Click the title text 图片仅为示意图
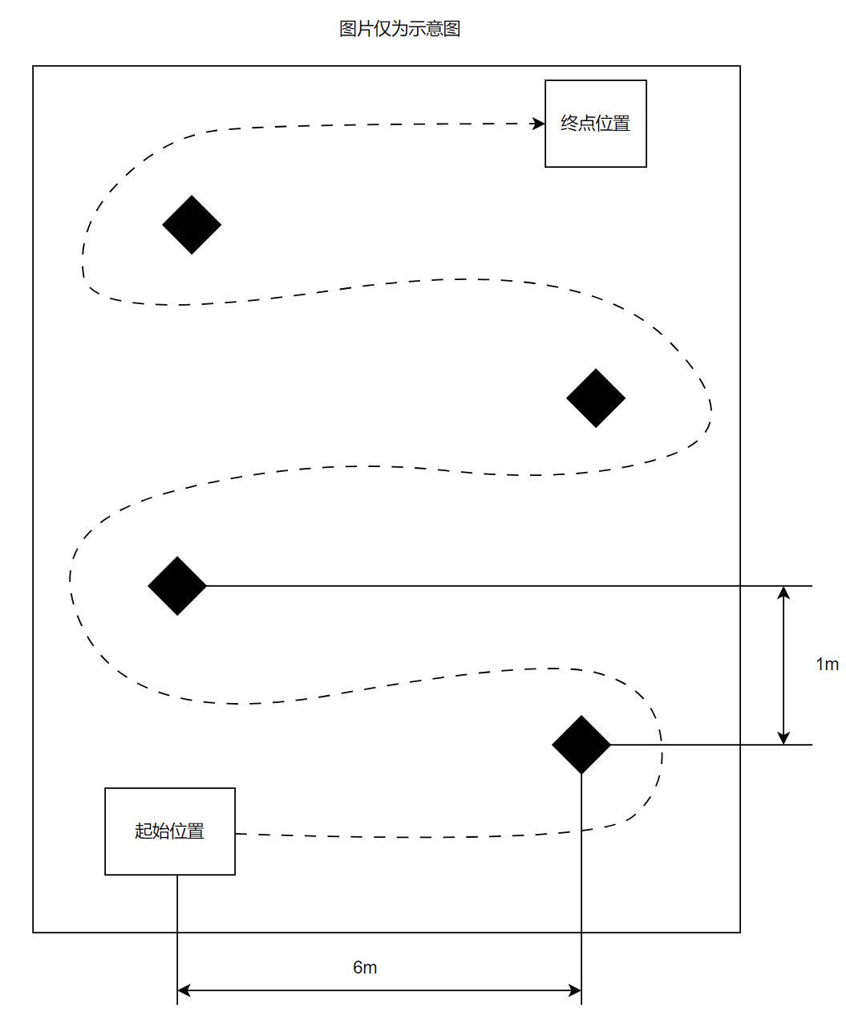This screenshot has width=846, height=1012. pos(399,29)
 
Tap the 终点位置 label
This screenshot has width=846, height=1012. pos(595,123)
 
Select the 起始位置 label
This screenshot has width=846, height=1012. pos(169,831)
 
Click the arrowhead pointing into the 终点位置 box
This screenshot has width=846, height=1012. pos(539,124)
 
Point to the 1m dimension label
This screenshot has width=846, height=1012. pos(827,664)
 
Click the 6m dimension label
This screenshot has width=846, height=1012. pos(365,967)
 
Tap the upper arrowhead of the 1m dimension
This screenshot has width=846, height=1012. pos(783,593)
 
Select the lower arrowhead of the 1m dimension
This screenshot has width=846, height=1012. pos(783,737)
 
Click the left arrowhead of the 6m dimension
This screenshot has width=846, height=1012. pos(184,990)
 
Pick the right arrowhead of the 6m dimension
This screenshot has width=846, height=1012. pos(574,990)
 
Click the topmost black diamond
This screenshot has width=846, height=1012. pos(192,225)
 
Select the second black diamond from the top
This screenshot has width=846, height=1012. pos(596,398)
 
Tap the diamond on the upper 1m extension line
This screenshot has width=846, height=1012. pos(177,586)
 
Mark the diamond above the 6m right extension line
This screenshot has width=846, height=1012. pos(581,745)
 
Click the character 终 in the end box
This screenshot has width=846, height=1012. pos(569,123)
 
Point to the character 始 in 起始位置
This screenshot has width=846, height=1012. pos(160,831)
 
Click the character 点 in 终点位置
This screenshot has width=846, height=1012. pos(586,123)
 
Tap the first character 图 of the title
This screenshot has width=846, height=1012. pos(348,29)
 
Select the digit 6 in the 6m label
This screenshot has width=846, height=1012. pos(358,967)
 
